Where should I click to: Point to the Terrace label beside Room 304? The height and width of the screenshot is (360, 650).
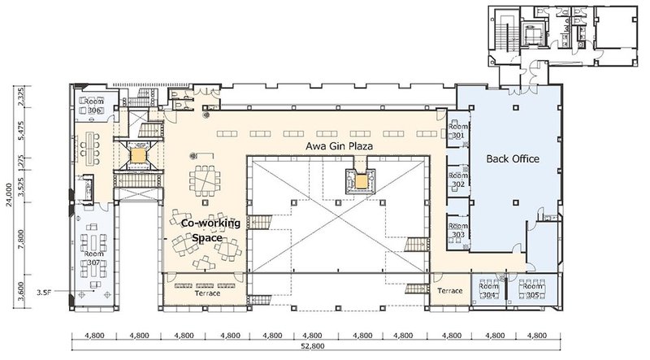point(449,290)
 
